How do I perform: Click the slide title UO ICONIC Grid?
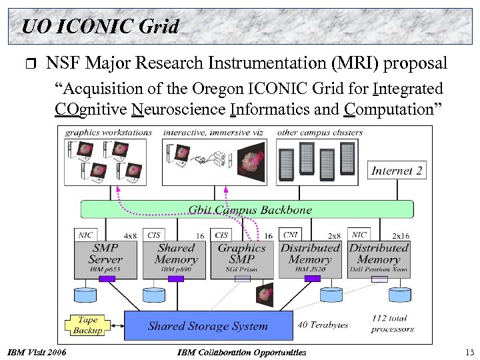point(100,27)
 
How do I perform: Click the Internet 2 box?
point(397,171)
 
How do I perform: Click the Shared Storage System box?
point(208,326)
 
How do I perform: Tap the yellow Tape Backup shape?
point(88,325)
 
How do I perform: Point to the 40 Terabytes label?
point(323,325)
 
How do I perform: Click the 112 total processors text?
point(393,323)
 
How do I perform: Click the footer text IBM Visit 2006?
point(37,352)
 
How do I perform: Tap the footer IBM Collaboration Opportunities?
point(243,352)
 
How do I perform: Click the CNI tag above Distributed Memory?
point(291,235)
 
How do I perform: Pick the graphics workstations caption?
point(109,132)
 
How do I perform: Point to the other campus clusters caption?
point(319,132)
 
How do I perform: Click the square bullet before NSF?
point(27,65)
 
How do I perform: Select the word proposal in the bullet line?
point(415,64)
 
